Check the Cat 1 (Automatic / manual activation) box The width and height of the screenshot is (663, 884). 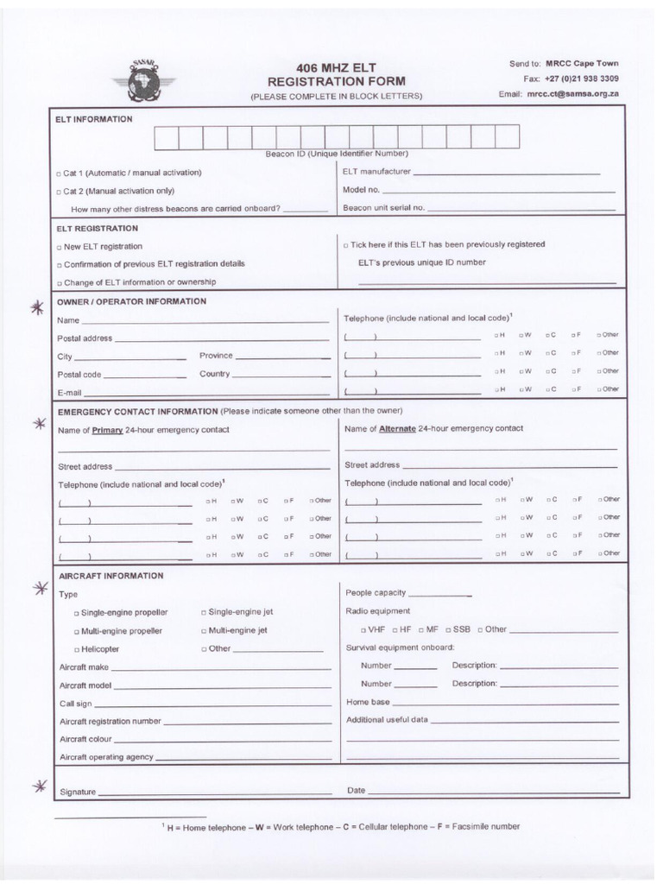tap(59, 174)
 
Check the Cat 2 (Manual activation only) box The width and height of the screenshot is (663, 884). tap(59, 192)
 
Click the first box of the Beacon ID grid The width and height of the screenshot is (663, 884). tap(166, 137)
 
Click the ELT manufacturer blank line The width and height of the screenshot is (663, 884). tap(505, 174)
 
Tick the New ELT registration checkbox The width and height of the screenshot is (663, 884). tap(59, 247)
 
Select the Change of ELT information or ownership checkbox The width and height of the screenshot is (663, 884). tap(59, 283)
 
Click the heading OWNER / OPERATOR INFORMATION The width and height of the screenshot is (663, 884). tap(131, 301)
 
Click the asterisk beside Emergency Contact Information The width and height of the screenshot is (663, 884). tap(37, 424)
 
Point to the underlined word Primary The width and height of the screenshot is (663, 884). tap(108, 429)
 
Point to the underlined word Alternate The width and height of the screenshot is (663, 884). tap(397, 428)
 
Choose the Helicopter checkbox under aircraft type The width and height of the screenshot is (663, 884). tap(77, 650)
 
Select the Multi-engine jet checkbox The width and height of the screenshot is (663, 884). tap(204, 631)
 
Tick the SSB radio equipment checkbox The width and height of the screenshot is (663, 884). tap(449, 630)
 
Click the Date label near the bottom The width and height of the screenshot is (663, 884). tap(356, 790)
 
